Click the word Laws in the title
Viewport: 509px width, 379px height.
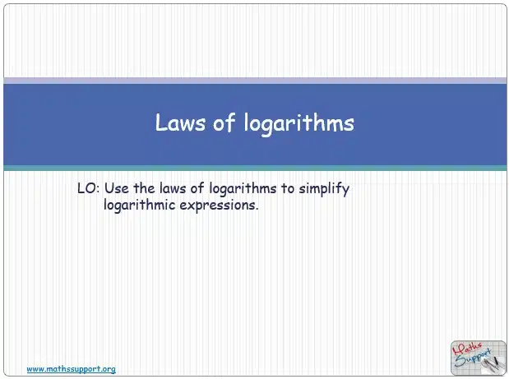[180, 122]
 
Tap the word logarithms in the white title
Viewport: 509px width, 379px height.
[299, 123]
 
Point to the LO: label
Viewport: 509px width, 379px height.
[88, 188]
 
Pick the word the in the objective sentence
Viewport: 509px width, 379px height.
[144, 188]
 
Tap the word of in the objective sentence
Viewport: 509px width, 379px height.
[197, 188]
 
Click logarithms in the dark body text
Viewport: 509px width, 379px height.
[243, 189]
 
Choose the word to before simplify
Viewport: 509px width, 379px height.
[288, 189]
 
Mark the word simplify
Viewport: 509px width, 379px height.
[324, 189]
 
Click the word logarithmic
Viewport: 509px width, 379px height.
[139, 206]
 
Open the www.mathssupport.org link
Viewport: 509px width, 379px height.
[71, 369]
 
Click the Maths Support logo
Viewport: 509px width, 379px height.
[478, 358]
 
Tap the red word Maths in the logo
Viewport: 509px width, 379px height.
[467, 349]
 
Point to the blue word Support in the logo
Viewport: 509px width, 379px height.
[474, 358]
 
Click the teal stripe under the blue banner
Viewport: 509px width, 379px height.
[255, 168]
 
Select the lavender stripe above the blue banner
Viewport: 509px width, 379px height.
[255, 81]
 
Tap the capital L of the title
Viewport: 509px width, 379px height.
[160, 122]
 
